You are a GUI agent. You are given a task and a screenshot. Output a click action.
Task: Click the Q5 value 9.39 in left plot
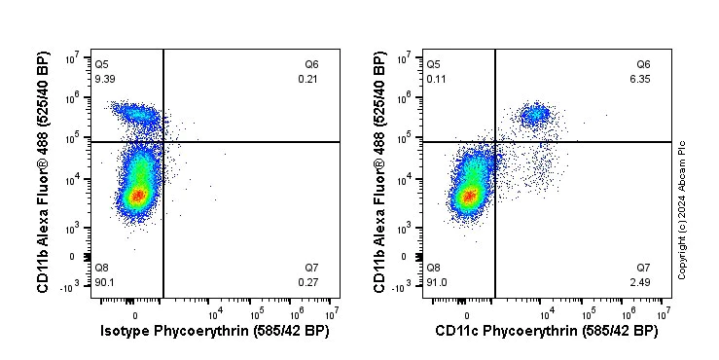coord(105,79)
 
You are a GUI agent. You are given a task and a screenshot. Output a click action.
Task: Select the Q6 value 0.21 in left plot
coord(307,79)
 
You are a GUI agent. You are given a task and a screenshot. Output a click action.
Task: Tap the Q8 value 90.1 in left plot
coord(105,283)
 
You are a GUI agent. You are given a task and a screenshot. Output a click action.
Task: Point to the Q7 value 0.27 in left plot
coord(307,283)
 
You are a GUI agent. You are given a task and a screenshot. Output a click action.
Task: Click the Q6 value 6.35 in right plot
coord(641,79)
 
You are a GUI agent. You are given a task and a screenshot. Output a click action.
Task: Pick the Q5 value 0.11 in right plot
coord(437,79)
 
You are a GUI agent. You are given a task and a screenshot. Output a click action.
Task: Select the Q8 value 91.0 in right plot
coord(437,283)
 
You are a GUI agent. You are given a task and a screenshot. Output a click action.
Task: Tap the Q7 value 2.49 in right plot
coord(641,283)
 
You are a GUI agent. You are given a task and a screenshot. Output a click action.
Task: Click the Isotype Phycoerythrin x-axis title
coord(215,332)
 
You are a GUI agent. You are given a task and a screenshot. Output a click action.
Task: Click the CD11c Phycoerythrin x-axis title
coord(547,332)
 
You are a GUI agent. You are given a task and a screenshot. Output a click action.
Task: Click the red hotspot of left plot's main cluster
coord(137,196)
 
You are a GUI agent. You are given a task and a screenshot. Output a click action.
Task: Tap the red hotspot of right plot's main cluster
coord(469,197)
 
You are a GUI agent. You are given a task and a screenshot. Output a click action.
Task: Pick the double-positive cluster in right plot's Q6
coord(534,115)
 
